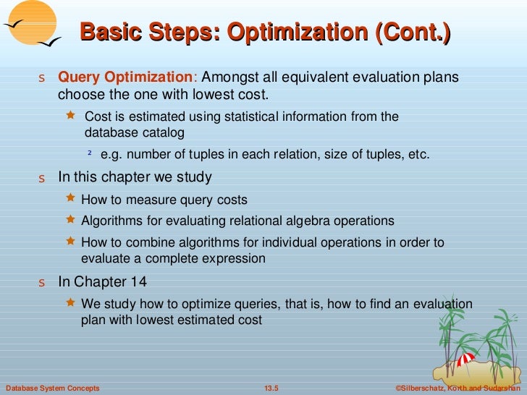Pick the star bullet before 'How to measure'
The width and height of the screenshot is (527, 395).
pyautogui.click(x=70, y=197)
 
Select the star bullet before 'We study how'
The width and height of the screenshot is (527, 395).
pyautogui.click(x=70, y=302)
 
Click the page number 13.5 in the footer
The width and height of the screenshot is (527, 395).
pyautogui.click(x=271, y=389)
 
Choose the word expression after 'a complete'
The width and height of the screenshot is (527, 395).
pyautogui.click(x=237, y=258)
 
